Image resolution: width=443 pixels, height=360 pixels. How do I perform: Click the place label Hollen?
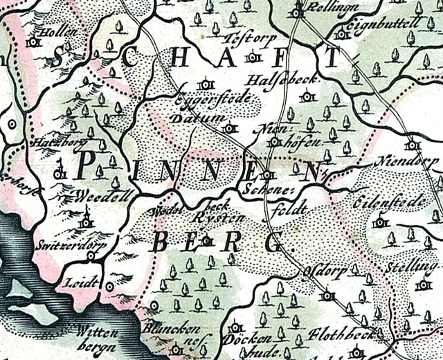tap(57, 32)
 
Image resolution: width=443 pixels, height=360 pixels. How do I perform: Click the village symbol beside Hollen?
tap(33, 42)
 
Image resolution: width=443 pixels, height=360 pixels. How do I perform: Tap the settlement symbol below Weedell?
tap(86, 222)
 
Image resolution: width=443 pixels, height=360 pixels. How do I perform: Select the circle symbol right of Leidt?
tap(109, 285)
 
